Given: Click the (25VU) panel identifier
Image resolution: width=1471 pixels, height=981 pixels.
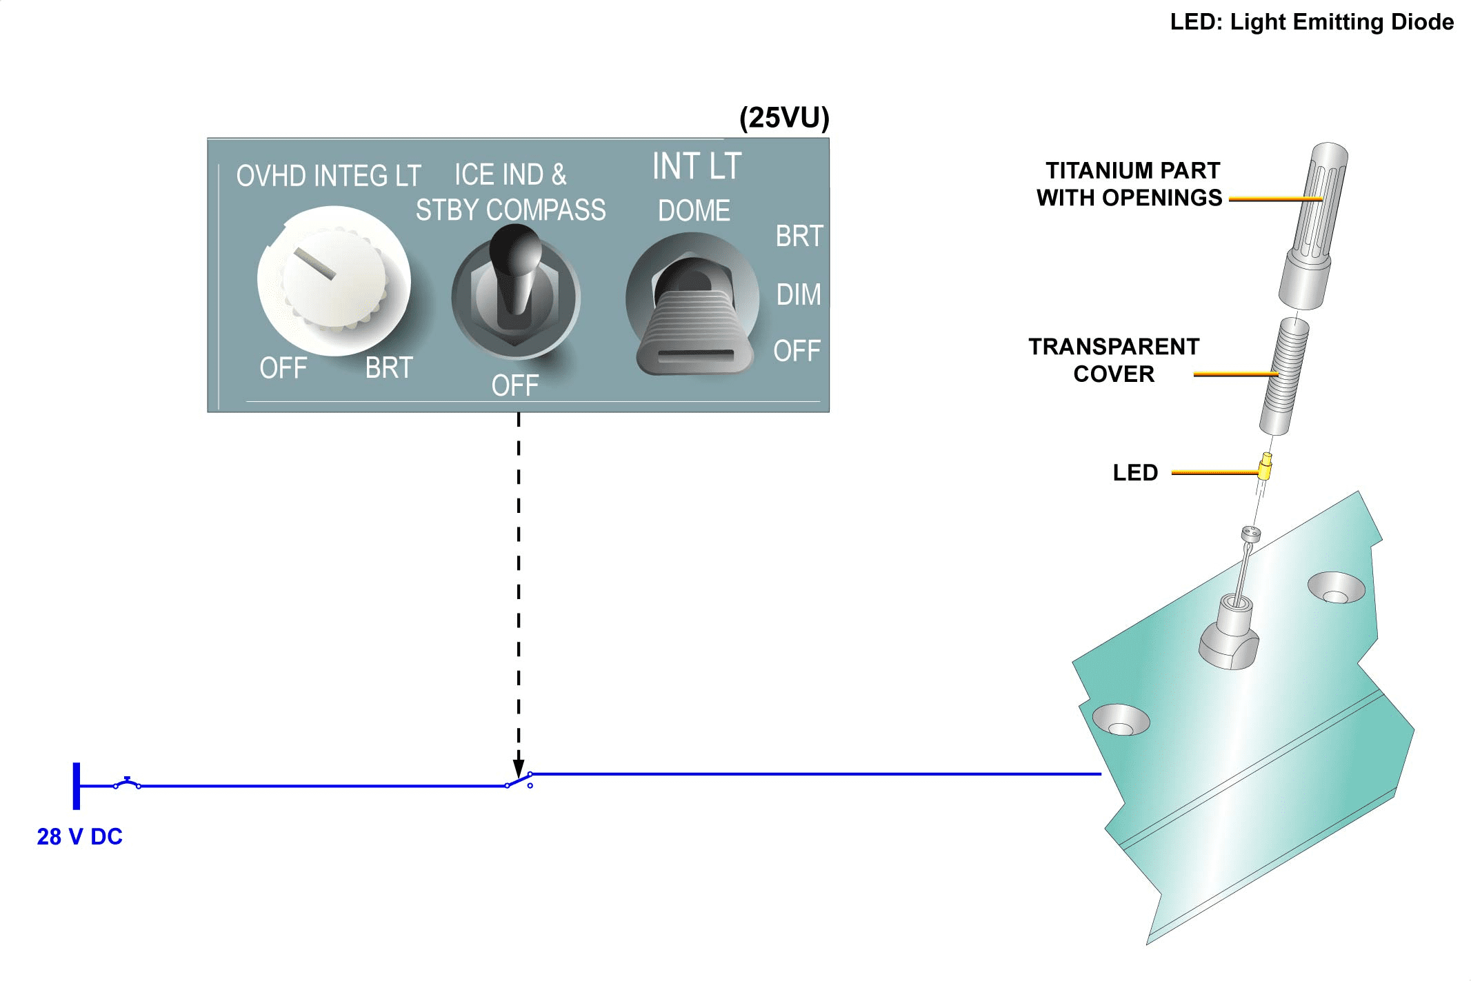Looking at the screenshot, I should pyautogui.click(x=783, y=118).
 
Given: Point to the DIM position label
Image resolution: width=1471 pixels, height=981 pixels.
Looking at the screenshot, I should pyautogui.click(x=798, y=294).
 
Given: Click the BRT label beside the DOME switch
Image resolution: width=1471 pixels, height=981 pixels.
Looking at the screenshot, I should pyautogui.click(x=799, y=236).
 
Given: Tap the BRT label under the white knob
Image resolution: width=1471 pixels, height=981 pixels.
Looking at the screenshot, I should pyautogui.click(x=389, y=367).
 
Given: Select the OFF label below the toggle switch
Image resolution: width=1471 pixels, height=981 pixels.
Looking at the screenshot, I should pyautogui.click(x=514, y=385).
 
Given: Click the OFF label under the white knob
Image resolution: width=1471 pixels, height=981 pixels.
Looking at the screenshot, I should pyautogui.click(x=283, y=368).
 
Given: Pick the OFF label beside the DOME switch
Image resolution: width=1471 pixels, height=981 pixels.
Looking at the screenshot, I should pyautogui.click(x=797, y=351).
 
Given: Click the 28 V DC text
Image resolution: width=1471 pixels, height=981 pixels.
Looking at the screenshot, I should pyautogui.click(x=79, y=836).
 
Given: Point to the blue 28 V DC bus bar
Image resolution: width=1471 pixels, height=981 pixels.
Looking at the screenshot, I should pyautogui.click(x=77, y=785).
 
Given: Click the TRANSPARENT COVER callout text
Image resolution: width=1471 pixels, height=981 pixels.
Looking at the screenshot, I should pyautogui.click(x=1113, y=360).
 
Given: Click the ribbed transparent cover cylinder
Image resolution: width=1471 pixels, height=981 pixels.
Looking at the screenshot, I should pyautogui.click(x=1284, y=376).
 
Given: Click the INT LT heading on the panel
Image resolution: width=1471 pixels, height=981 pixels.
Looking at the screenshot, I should pyautogui.click(x=697, y=167).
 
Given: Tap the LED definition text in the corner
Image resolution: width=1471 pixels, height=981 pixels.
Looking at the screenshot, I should pyautogui.click(x=1311, y=22).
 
